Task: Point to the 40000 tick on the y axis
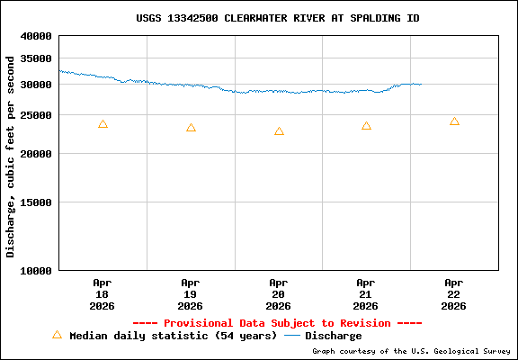point(38,37)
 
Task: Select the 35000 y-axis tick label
point(38,58)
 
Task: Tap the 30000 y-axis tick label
point(38,85)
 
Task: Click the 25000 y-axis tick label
point(38,115)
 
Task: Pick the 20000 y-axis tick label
point(38,154)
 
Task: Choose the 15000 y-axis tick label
point(38,202)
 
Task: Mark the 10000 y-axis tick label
point(38,270)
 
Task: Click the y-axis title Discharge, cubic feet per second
point(11,156)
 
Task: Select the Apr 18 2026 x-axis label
point(102,293)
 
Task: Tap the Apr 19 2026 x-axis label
point(190,293)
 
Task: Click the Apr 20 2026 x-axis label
point(278,293)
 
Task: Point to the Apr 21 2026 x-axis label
point(365,293)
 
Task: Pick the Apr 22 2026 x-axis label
point(453,293)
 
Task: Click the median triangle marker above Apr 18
point(103,124)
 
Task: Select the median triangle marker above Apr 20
point(279,131)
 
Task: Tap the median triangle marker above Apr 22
point(454,121)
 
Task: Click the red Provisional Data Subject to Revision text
point(277,323)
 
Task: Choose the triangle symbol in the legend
point(57,335)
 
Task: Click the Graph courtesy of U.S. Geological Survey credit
point(411,351)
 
